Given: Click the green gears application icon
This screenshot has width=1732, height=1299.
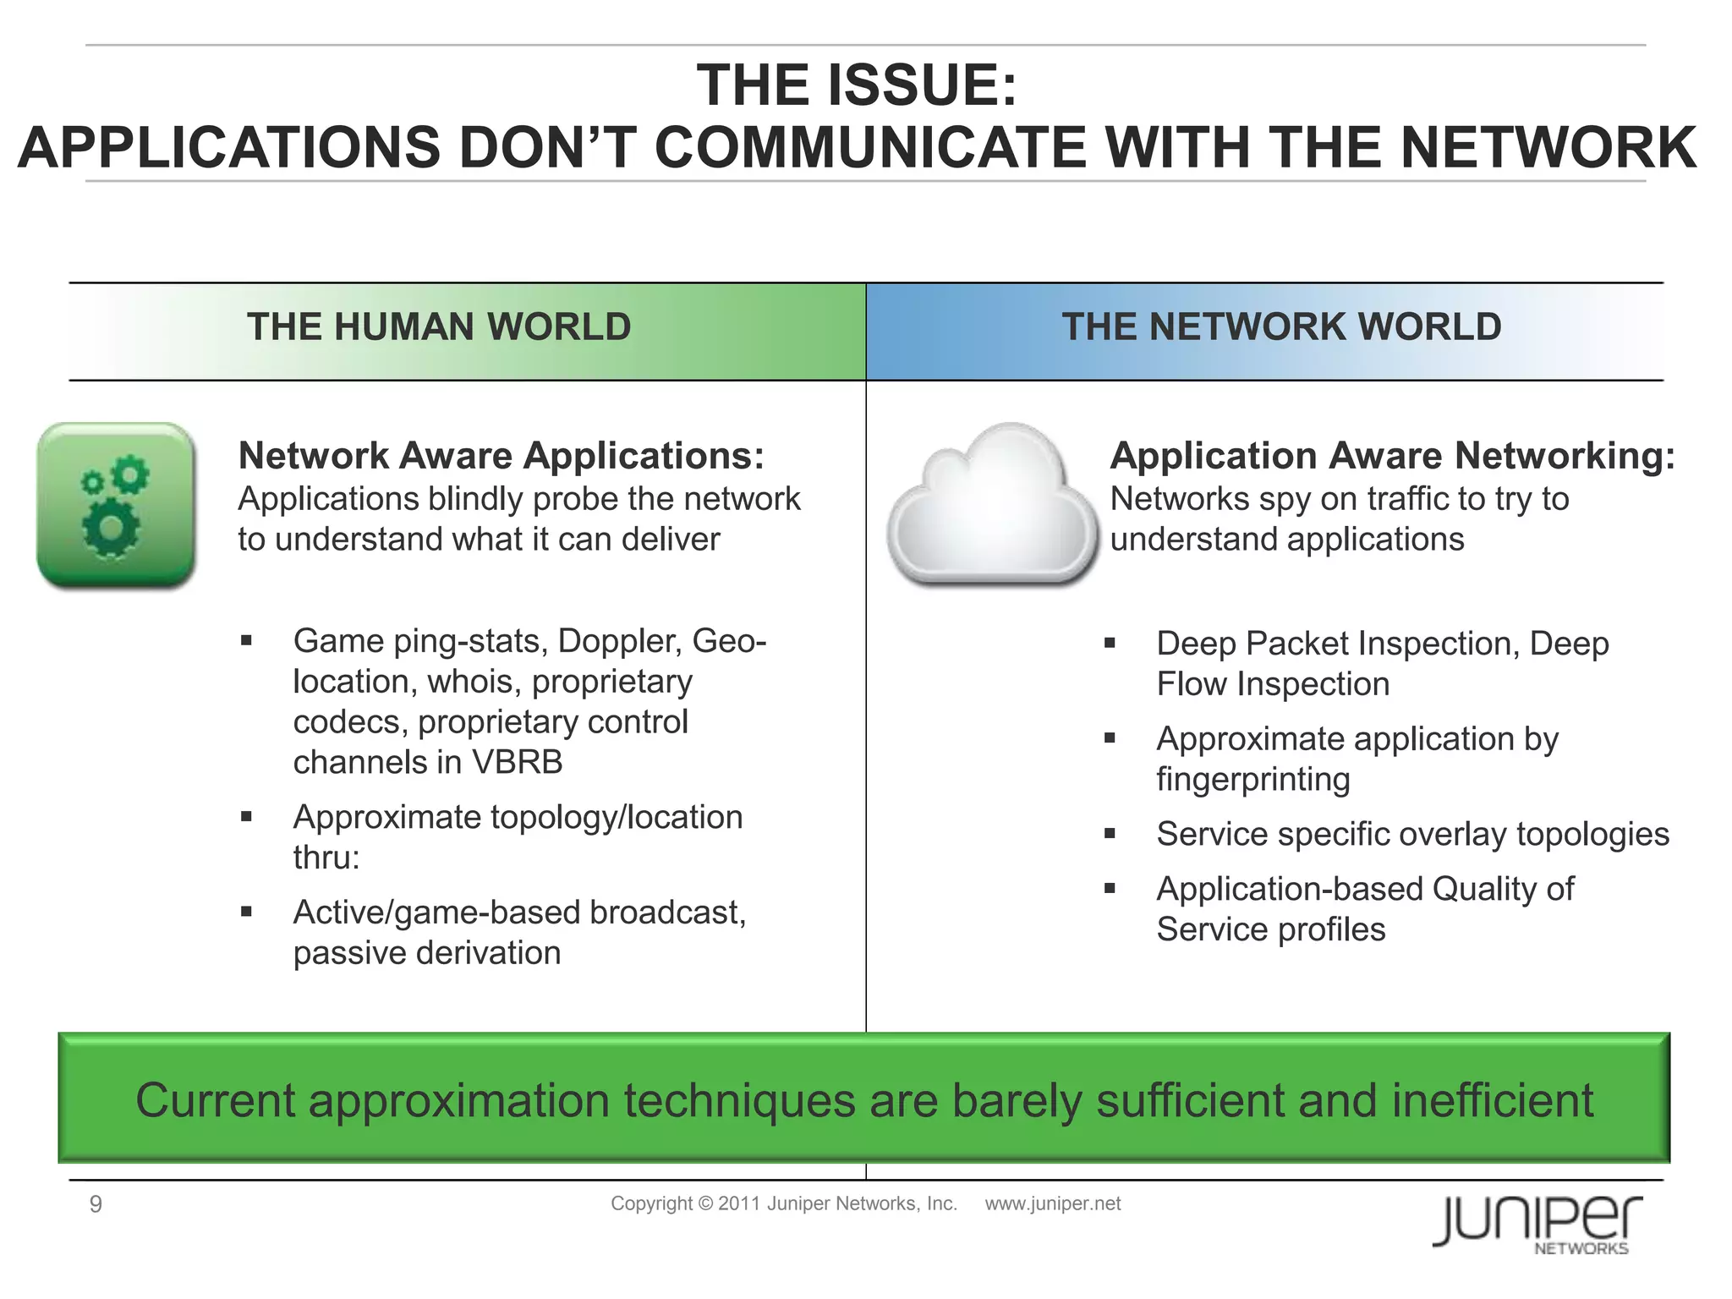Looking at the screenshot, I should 116,505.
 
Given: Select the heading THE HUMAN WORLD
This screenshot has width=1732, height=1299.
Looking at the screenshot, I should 439,327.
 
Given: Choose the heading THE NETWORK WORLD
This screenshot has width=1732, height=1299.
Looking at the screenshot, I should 1281,327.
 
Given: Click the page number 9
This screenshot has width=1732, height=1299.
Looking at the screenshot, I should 96,1204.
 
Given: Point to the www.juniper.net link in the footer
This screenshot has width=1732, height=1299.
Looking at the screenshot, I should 1052,1203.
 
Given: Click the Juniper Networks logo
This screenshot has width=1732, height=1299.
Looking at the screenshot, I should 1537,1222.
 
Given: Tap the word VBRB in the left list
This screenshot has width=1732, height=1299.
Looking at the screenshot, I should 517,763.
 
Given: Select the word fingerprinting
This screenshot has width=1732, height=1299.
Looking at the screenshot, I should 1252,780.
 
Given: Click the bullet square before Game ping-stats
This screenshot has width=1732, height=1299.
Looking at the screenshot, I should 246,641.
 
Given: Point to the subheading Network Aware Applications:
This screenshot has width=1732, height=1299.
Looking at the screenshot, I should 501,456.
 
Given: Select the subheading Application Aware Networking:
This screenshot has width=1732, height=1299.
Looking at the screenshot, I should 1392,456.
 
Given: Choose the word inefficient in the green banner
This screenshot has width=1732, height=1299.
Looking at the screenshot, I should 1492,1100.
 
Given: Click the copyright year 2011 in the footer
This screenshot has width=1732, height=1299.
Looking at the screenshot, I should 739,1203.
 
